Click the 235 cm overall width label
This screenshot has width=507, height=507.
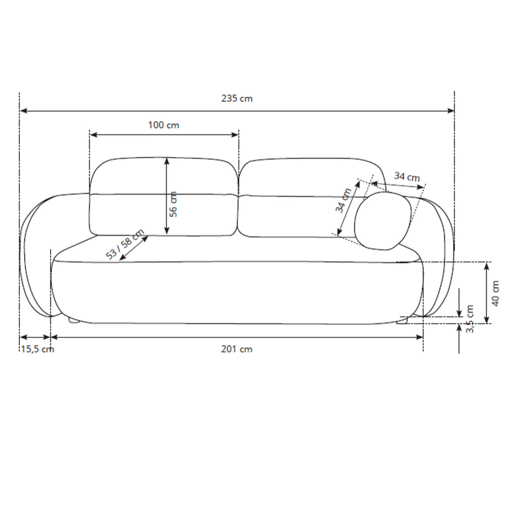237,98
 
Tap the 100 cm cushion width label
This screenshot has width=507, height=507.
164,125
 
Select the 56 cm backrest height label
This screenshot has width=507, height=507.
173,204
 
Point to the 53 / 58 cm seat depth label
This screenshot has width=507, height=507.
125,244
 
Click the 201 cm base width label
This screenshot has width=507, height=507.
237,349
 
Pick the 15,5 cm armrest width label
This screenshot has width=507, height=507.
38,349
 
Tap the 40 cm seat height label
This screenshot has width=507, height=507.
495,293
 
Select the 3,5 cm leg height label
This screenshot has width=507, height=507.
469,319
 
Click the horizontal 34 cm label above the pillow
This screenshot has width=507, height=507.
407,177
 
